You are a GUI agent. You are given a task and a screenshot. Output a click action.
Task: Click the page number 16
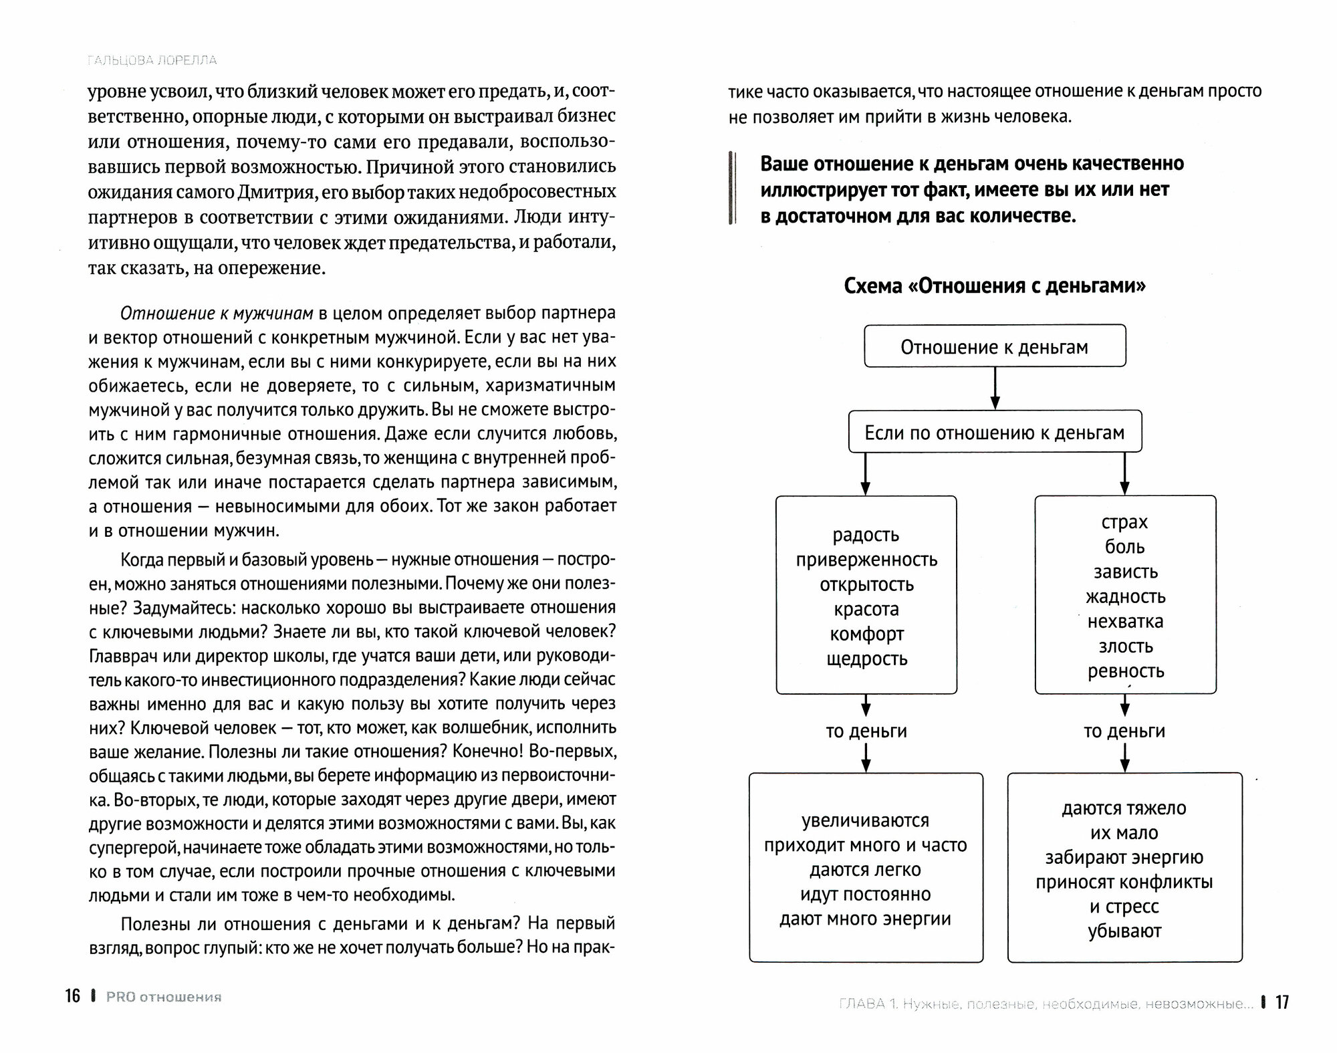coord(72,996)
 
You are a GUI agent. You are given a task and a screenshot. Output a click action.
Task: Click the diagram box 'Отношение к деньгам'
coord(994,346)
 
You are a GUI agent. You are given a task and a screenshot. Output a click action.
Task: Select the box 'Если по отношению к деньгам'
coord(994,433)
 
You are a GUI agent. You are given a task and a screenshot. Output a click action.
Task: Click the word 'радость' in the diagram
coord(866,535)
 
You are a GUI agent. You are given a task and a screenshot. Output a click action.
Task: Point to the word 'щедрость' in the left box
coord(866,659)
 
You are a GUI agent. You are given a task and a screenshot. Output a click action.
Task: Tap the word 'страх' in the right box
coord(1124,522)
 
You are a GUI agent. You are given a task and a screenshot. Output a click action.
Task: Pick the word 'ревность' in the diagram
coord(1126,671)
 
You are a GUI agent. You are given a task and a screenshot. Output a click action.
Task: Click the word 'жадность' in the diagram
coord(1126,596)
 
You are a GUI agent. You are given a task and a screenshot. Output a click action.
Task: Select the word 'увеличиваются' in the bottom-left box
coord(866,820)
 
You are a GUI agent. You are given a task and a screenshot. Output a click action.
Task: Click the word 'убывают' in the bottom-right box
coord(1124,931)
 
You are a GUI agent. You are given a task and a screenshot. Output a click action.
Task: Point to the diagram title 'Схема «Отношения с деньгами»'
coord(995,286)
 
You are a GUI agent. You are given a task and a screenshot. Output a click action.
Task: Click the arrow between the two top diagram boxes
coord(995,388)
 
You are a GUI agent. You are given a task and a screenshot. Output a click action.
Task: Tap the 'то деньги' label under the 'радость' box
coord(866,731)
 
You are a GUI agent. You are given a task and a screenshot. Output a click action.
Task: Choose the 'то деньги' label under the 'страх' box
coord(1124,731)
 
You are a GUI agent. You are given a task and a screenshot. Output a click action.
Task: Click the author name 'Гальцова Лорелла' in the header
coord(152,60)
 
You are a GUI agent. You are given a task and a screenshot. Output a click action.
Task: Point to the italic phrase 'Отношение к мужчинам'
coord(217,313)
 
